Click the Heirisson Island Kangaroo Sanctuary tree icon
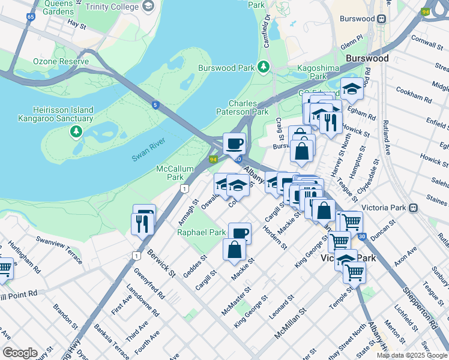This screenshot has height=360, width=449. point(76,131)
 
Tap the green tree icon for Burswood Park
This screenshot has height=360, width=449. point(263,66)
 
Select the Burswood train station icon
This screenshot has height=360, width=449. point(380,19)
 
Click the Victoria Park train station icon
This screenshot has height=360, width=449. point(413,208)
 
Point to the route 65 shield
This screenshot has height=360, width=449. point(30,17)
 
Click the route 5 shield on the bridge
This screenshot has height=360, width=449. point(155,106)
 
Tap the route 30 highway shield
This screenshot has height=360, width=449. point(361,237)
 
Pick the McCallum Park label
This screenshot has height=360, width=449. point(169,173)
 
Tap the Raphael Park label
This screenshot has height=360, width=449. point(201,232)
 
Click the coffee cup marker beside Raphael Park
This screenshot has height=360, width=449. point(240,233)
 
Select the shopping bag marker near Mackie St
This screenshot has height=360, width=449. point(234,249)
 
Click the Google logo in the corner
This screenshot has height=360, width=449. point(19,353)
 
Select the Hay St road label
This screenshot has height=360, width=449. point(77,23)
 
